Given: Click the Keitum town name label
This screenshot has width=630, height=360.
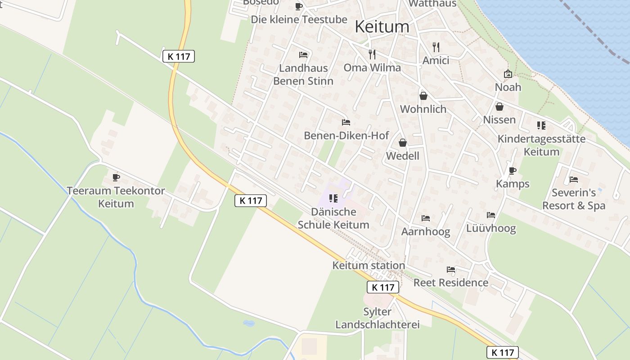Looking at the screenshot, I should (382, 27).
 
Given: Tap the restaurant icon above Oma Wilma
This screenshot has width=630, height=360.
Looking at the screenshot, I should (372, 54).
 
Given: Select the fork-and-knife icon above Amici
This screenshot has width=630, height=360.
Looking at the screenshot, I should (436, 47).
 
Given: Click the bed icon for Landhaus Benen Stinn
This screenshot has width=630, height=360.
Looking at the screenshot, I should (303, 55).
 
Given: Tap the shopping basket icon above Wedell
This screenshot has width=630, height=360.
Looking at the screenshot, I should (403, 143).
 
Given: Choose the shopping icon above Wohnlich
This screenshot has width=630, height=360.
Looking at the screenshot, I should (423, 96).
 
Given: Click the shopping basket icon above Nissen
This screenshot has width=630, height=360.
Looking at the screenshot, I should (499, 107).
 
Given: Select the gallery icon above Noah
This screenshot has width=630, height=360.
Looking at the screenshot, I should (508, 74).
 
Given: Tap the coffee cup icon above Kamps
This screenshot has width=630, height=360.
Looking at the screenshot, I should (512, 171).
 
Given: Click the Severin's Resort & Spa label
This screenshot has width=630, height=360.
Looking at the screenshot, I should (574, 199).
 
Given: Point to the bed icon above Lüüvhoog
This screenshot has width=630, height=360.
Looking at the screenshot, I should (491, 215).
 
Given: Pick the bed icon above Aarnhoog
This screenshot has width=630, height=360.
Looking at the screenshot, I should (426, 218).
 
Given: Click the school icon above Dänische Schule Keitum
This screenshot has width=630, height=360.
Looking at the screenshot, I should (333, 198).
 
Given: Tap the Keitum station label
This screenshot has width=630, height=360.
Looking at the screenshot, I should (369, 265).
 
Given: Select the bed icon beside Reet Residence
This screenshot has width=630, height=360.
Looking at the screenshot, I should (451, 270).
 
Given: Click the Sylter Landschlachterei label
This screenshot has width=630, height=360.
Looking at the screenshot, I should (378, 318).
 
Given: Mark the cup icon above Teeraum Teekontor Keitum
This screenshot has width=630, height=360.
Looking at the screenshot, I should (116, 177).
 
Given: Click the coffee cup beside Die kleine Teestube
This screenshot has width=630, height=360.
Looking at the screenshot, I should (298, 6).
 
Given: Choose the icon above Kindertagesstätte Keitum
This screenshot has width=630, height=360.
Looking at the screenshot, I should (541, 126).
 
